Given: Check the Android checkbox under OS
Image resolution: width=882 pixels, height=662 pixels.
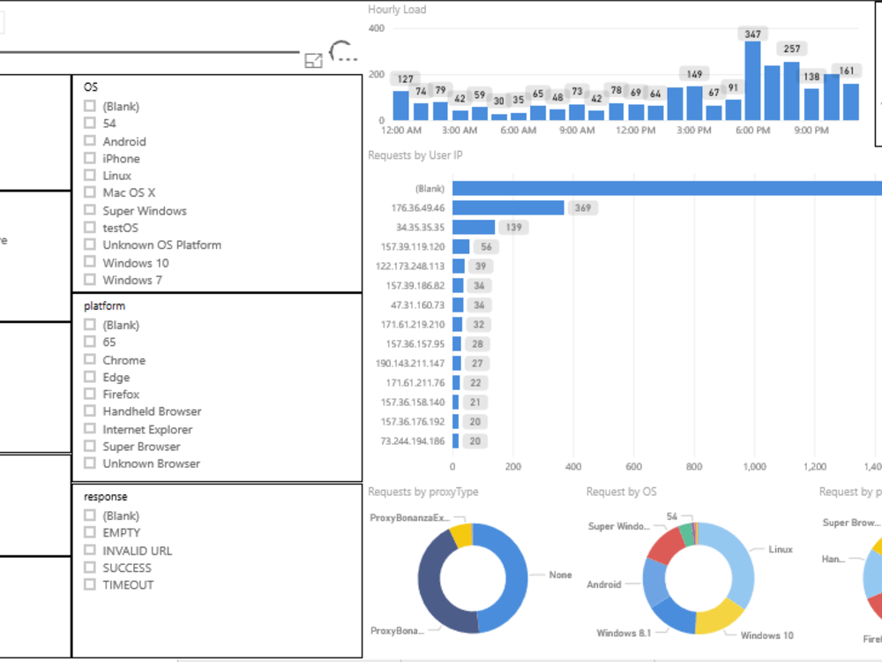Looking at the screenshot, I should coord(89,141).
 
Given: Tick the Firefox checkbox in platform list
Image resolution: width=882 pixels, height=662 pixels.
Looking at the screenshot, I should coord(89,395).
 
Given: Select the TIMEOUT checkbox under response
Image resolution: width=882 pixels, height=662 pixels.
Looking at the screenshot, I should coord(89,584).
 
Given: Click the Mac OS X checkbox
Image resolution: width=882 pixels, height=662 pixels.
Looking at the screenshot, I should coord(89,192).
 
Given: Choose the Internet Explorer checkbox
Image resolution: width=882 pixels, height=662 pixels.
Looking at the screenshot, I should coord(89,429).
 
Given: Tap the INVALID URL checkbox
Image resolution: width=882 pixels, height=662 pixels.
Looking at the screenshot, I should coord(89,550).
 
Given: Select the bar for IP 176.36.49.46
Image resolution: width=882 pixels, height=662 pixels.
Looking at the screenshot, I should coord(508,208).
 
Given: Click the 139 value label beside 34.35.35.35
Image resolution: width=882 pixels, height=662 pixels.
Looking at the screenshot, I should coord(515,228).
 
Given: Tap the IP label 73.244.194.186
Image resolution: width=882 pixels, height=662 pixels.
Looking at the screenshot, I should coord(413,441).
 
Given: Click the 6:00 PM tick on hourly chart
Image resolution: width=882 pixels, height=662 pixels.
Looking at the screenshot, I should coord(752,131).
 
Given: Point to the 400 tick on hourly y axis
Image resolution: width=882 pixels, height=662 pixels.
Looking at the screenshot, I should coord(376,28).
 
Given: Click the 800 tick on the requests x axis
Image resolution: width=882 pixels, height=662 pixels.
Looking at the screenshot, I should coord(693,467).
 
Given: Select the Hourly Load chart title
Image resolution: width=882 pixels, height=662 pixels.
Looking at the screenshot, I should coord(397,10).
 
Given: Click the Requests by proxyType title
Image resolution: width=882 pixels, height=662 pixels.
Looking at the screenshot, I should coord(422,492).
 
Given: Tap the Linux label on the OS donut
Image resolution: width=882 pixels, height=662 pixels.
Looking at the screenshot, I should coord(781,549).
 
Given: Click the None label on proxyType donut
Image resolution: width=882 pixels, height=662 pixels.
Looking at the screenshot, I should coord(560,575).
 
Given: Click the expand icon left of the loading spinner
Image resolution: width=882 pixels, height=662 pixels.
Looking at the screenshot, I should coord(313,60).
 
